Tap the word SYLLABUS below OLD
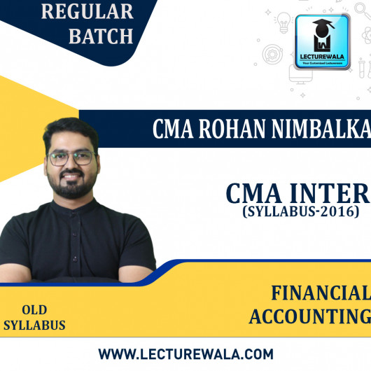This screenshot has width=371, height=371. [x=34, y=325]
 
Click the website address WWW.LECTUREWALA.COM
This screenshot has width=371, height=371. [x=185, y=353]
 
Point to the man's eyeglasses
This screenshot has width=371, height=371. [x=73, y=158]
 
